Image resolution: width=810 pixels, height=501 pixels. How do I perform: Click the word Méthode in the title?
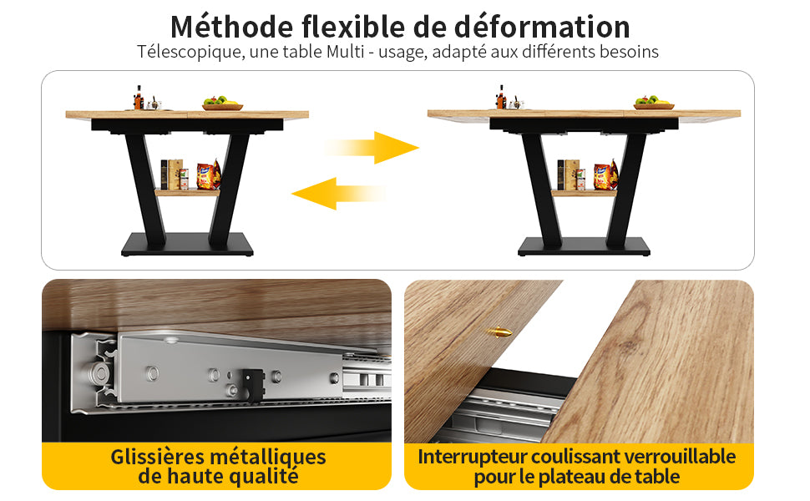click(x=231, y=27)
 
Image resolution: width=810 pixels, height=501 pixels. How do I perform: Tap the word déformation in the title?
click(x=542, y=27)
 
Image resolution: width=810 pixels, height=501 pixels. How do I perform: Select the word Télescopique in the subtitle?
click(x=190, y=52)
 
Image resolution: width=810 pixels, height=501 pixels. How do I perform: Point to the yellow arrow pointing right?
click(x=372, y=148)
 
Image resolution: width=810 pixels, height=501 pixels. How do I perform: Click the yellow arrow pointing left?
click(x=338, y=194)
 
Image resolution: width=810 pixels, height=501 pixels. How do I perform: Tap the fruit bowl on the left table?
click(x=223, y=104)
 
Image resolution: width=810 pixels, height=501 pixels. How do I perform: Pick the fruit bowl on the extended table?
click(x=654, y=103)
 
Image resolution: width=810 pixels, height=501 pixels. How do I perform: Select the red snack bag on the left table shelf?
click(x=208, y=175)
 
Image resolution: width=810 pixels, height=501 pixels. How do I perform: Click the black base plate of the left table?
click(x=188, y=244)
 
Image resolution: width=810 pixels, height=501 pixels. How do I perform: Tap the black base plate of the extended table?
click(x=584, y=245)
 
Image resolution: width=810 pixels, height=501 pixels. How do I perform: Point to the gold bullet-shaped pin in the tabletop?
click(x=499, y=332)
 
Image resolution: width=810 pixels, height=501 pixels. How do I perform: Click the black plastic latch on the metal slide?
click(x=251, y=385)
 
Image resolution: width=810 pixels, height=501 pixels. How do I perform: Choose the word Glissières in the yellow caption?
click(x=157, y=458)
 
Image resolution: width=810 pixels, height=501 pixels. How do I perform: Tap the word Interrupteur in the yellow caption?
click(x=472, y=458)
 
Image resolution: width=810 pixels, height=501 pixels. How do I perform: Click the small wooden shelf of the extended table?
click(x=584, y=193)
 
